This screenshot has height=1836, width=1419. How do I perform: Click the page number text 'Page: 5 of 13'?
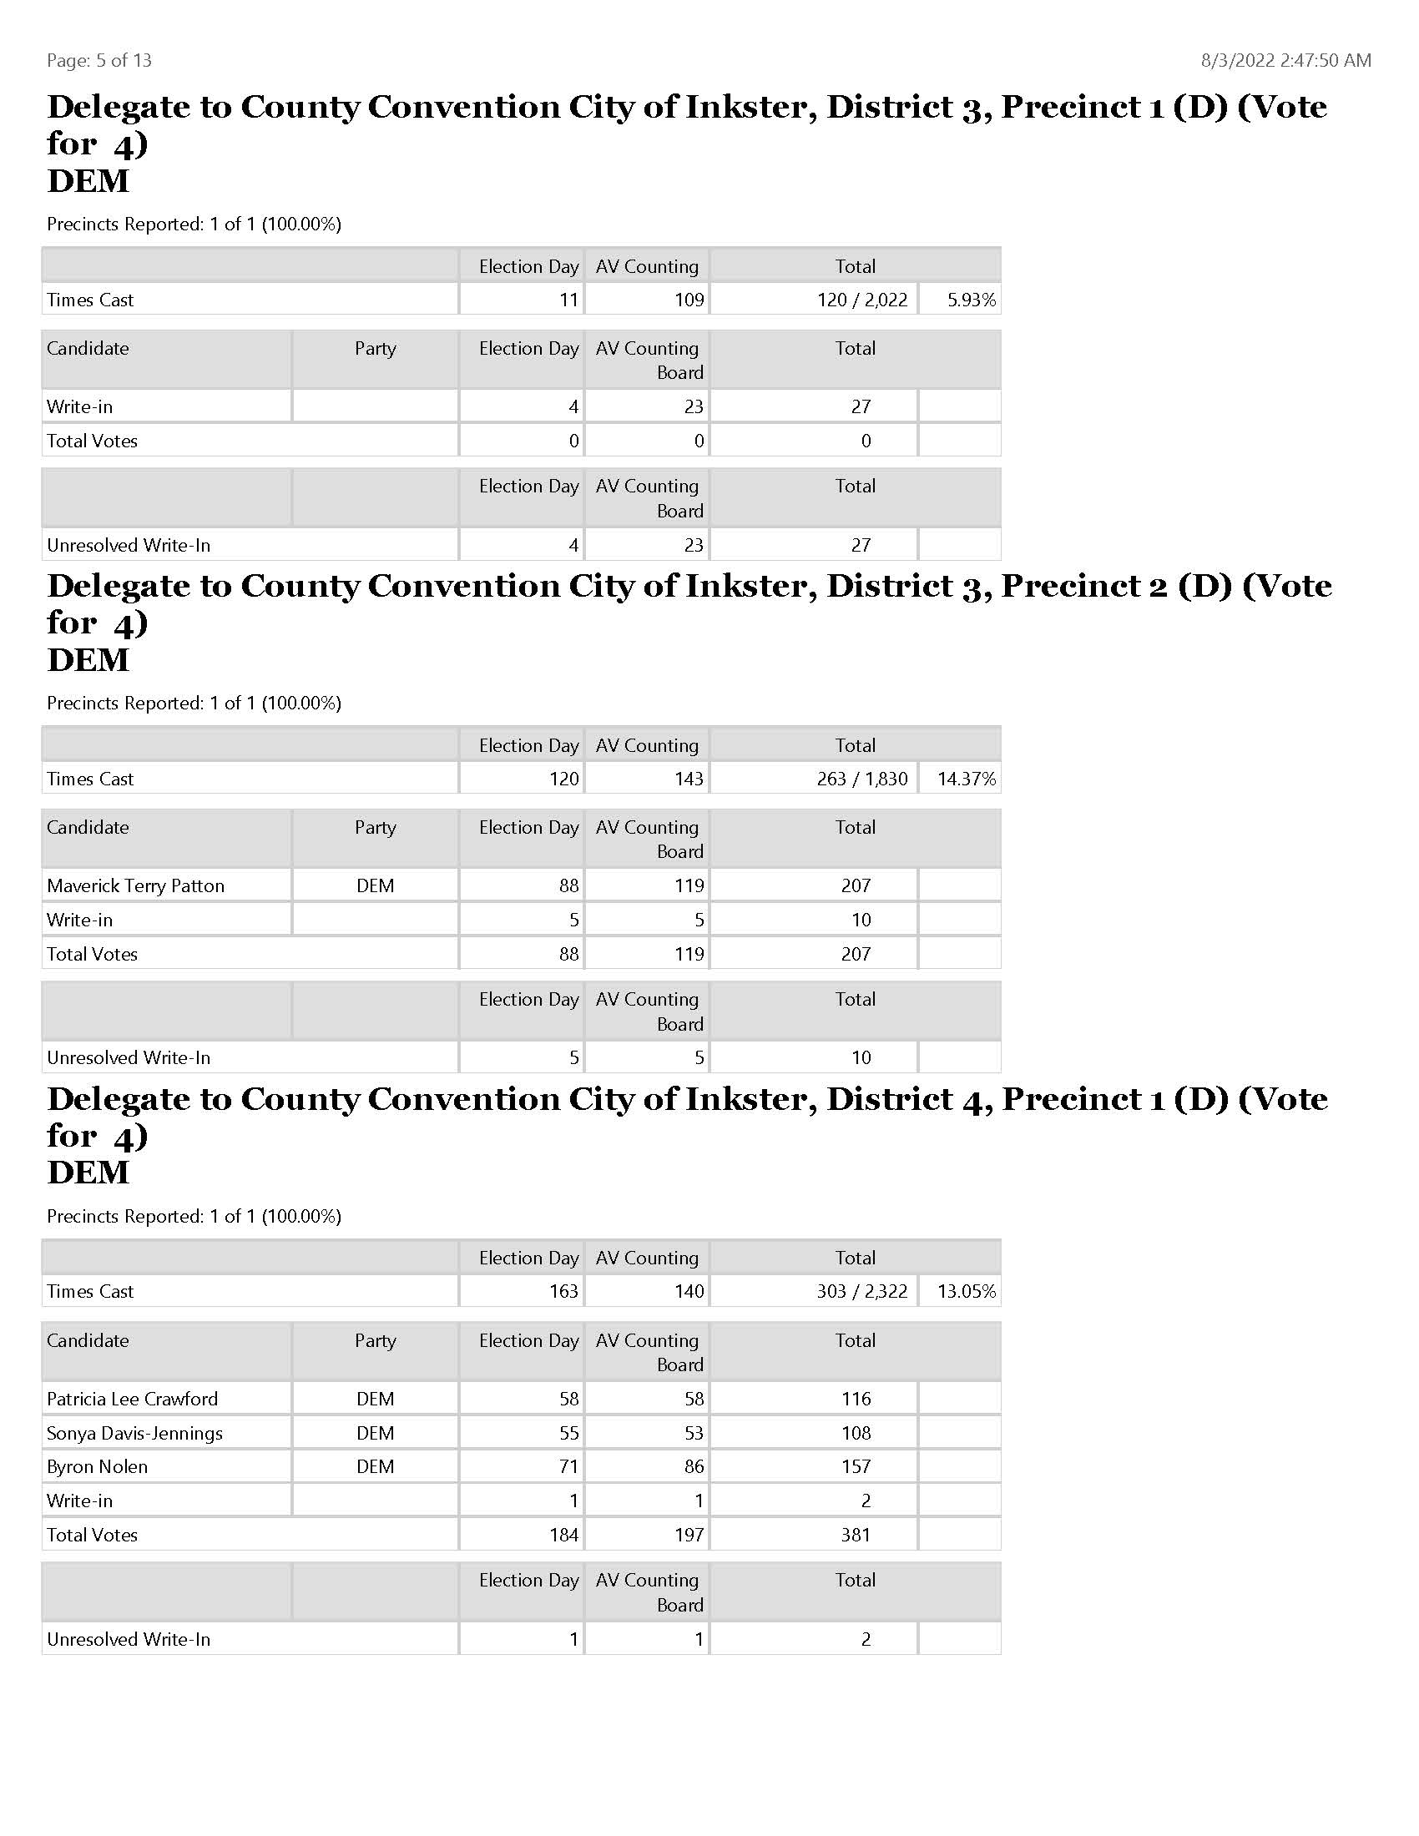click(x=99, y=61)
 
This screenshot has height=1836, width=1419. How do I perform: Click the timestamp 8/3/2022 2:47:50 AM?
click(x=1285, y=61)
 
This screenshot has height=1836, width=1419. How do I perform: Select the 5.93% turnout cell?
click(x=971, y=300)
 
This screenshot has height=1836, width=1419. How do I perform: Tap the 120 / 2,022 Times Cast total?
click(x=861, y=300)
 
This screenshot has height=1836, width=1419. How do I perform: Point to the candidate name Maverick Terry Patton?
click(x=135, y=885)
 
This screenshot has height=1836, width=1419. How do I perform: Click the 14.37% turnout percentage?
click(x=966, y=779)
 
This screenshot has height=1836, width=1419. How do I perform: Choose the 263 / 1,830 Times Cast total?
click(x=861, y=779)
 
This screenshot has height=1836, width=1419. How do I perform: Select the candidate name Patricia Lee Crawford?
click(x=132, y=1399)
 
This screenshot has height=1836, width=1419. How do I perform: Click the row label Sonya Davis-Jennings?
click(x=134, y=1433)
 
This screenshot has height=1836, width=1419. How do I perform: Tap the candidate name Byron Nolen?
click(x=98, y=1467)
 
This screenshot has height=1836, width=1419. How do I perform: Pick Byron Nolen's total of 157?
click(x=856, y=1467)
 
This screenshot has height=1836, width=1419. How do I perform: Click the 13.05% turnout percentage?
click(x=966, y=1291)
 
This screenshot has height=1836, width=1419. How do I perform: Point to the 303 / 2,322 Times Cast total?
click(x=861, y=1291)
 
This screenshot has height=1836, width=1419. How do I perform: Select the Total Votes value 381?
click(x=856, y=1535)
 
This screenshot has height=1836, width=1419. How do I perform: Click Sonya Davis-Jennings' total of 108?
click(x=856, y=1433)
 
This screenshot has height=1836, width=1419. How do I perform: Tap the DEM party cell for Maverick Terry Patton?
click(x=375, y=885)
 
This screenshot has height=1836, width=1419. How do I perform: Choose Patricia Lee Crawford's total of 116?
click(x=856, y=1399)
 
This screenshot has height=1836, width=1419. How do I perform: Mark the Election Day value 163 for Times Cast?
click(x=563, y=1291)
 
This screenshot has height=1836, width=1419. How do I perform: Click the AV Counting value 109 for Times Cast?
click(x=689, y=300)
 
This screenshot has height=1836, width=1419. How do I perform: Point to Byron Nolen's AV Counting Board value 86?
click(x=694, y=1467)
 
